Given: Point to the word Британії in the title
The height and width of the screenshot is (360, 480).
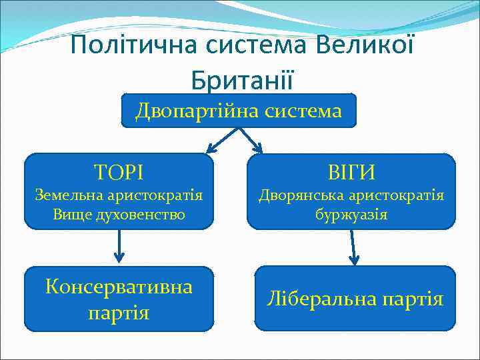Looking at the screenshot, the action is (x=241, y=79).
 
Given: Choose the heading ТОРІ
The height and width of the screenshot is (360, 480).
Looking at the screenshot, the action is (x=119, y=172).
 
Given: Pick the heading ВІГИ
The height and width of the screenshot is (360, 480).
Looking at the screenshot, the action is (x=351, y=172).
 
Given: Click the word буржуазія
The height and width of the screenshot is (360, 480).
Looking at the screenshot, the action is (x=351, y=215).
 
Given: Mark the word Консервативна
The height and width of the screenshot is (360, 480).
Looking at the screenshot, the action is (x=119, y=287).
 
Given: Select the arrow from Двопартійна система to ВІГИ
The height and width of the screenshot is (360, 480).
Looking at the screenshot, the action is (x=251, y=140).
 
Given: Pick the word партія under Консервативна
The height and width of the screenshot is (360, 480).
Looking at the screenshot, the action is (x=119, y=312).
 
